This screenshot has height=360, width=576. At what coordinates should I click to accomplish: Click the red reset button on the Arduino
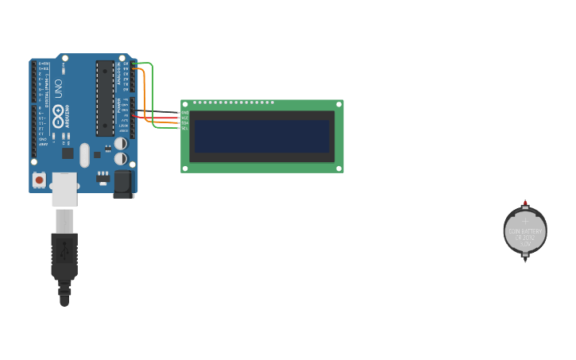pyautogui.click(x=39, y=180)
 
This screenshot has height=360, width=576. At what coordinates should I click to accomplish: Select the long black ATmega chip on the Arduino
pyautogui.click(x=105, y=98)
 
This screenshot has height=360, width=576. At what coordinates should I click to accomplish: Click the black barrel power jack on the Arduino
pyautogui.click(x=122, y=184)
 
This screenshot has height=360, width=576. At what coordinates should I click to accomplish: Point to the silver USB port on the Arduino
pyautogui.click(x=64, y=189)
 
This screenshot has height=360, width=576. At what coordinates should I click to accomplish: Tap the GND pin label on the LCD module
pyautogui.click(x=185, y=112)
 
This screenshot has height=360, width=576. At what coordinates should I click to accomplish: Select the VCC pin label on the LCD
pyautogui.click(x=185, y=118)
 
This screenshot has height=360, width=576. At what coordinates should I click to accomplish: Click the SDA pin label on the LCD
pyautogui.click(x=185, y=122)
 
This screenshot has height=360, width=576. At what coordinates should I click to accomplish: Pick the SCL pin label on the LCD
pyautogui.click(x=185, y=128)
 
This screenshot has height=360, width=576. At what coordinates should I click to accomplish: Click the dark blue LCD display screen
pyautogui.click(x=261, y=136)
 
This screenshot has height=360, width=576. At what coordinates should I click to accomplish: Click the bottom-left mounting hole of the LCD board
pyautogui.click(x=185, y=168)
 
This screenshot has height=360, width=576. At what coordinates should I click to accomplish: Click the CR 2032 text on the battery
pyautogui.click(x=524, y=237)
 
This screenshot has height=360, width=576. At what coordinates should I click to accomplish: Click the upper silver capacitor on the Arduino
pyautogui.click(x=120, y=144)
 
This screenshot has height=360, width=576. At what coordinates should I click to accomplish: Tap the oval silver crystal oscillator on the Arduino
pyautogui.click(x=84, y=155)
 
